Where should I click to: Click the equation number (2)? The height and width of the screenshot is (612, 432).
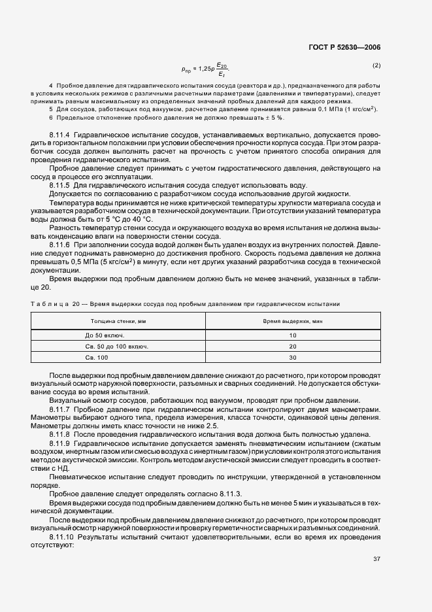pos(376,65)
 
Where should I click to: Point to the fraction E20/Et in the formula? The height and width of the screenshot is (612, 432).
pos(223,69)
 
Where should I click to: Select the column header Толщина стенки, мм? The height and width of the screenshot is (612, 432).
pos(118,322)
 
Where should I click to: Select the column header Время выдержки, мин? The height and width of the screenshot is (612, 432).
pos(293,322)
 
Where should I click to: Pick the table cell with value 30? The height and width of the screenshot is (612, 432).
pos(293,358)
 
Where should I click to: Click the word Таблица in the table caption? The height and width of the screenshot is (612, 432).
pos(51,305)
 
